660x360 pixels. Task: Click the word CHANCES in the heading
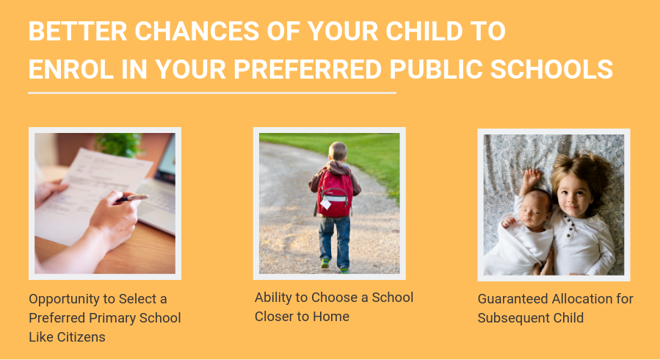pos(197,31)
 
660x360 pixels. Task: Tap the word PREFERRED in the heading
pos(308,70)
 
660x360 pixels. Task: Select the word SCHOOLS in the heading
pos(551,70)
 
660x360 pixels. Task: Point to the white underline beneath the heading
pos(212,93)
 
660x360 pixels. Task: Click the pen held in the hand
pos(131,198)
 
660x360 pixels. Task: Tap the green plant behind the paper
pos(119,145)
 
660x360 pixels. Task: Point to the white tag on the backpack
pos(326,204)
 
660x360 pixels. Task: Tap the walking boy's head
pos(338,151)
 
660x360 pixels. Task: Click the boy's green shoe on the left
pos(324,263)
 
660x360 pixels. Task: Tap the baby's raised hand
pos(532,177)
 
